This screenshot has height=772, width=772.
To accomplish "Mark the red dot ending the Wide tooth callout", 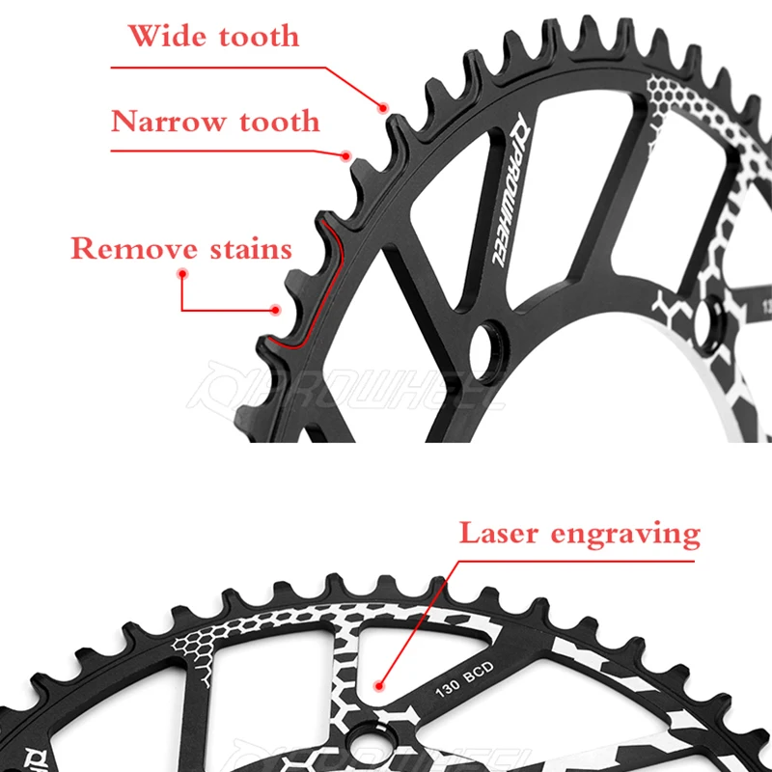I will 384,106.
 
